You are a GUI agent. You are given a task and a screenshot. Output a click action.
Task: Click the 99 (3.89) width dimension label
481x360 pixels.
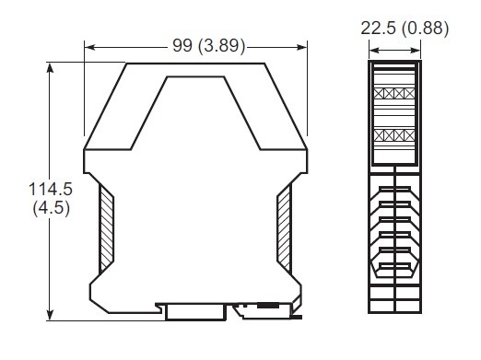pos(209,46)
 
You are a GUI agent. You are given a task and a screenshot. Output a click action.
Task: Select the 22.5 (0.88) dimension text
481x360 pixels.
pos(405,29)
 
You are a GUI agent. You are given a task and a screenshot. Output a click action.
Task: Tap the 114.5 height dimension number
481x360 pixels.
pos(51,189)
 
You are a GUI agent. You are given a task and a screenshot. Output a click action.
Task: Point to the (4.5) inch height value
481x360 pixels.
pos(52,208)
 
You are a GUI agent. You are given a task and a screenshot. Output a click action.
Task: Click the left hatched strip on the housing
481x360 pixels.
pos(107,229)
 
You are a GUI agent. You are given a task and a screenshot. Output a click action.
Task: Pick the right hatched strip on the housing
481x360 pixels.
pos(284,229)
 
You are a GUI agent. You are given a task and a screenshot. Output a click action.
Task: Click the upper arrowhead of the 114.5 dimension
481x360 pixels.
pos(50,67)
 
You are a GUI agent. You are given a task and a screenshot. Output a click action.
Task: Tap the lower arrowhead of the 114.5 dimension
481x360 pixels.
pos(50,316)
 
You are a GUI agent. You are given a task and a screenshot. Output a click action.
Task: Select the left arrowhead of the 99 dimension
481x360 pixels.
pos(89,47)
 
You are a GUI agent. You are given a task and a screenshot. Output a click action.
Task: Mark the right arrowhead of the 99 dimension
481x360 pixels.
pos(302,47)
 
